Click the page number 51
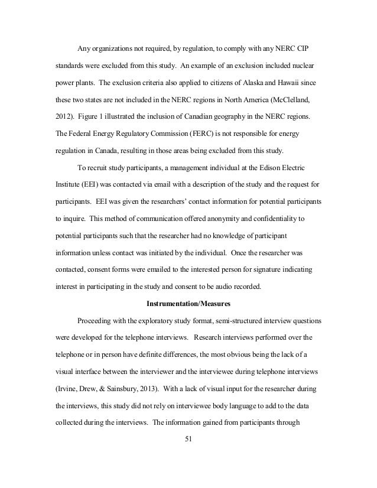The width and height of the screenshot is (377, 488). point(188,439)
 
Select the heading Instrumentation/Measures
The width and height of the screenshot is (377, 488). point(188,305)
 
